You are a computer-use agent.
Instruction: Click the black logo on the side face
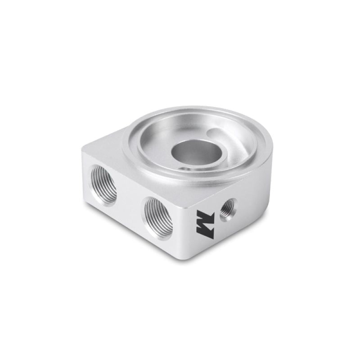coord(203,223)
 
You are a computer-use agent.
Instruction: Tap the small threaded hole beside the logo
coord(227,209)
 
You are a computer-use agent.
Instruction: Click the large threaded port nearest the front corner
coord(158,217)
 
